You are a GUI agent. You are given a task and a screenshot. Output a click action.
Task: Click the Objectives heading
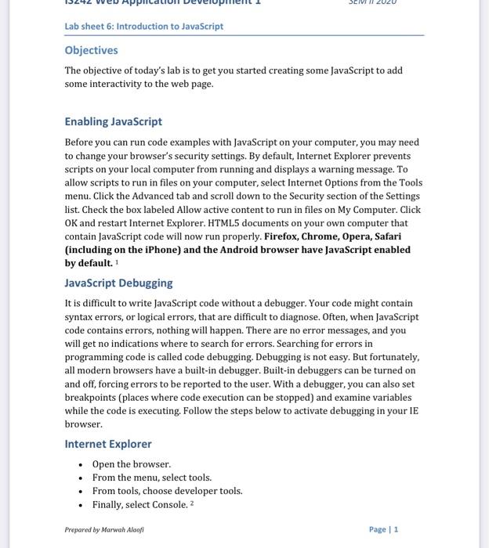[91, 50]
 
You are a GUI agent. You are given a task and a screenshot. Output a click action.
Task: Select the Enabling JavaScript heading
[113, 121]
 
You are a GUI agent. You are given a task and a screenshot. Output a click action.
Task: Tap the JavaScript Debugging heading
[118, 283]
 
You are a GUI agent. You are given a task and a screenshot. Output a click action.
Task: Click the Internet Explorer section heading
[108, 444]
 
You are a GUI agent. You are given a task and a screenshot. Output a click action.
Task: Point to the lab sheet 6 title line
[143, 27]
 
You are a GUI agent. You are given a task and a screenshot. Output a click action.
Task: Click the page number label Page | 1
[383, 529]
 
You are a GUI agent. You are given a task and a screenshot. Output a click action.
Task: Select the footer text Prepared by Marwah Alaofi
[104, 530]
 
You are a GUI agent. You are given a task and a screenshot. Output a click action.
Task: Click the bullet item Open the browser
[131, 464]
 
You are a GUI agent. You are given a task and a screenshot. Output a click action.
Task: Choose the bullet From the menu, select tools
[151, 478]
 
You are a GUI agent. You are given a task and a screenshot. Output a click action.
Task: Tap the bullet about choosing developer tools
[167, 491]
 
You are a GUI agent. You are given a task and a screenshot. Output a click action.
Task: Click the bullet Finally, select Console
[139, 505]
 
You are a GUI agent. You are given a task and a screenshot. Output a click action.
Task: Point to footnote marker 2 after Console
[191, 503]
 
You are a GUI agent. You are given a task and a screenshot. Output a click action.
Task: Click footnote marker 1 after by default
[117, 261]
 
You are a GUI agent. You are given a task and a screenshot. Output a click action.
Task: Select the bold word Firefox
[282, 236]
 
